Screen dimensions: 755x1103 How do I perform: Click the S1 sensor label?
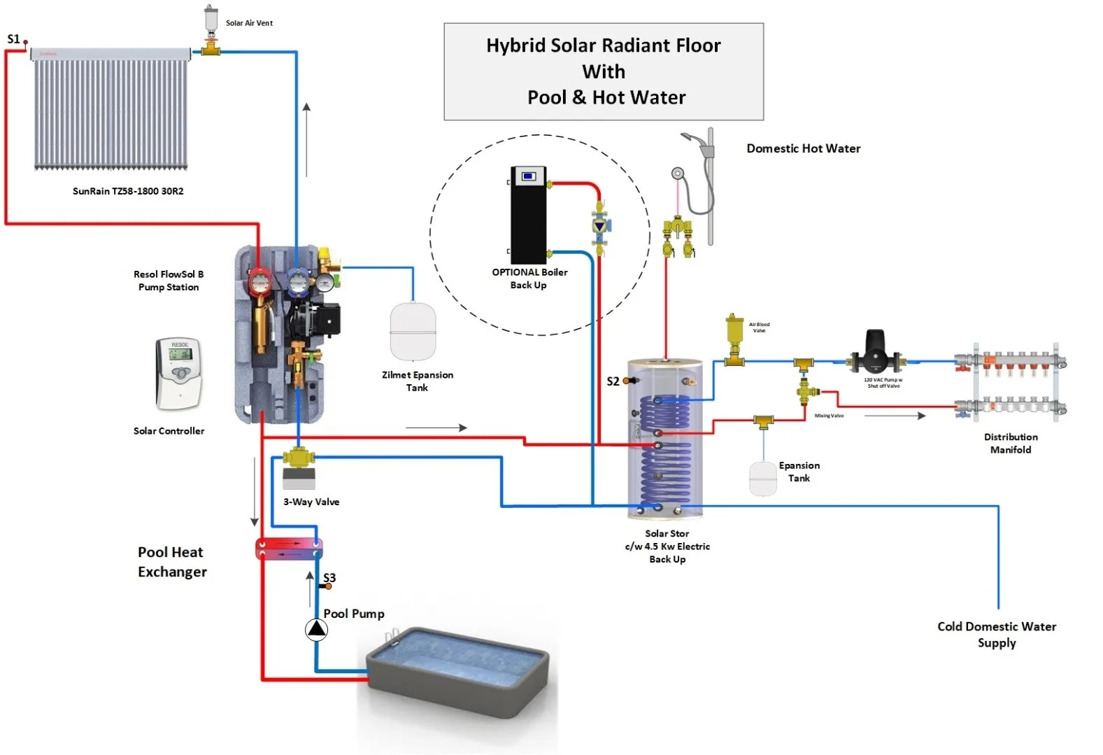(13, 39)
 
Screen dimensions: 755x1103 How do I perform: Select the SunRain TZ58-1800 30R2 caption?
(128, 191)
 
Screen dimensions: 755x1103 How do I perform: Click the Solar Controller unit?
(179, 373)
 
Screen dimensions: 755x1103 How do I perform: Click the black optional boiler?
(528, 215)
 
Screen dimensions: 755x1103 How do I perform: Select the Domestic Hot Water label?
(803, 148)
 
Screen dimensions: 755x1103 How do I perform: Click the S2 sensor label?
(613, 381)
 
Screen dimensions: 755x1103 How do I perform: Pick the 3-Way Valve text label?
(311, 502)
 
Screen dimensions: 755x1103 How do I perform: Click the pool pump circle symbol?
(316, 630)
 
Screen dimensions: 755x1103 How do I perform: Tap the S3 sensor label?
(329, 578)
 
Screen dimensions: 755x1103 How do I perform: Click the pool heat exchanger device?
(288, 549)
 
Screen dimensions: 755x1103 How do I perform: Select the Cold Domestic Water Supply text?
(997, 634)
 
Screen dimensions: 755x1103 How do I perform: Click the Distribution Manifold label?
(1011, 443)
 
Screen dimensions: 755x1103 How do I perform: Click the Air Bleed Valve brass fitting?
(734, 339)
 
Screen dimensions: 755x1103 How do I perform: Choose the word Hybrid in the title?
(516, 45)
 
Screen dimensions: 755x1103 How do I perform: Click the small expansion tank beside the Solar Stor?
(763, 479)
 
